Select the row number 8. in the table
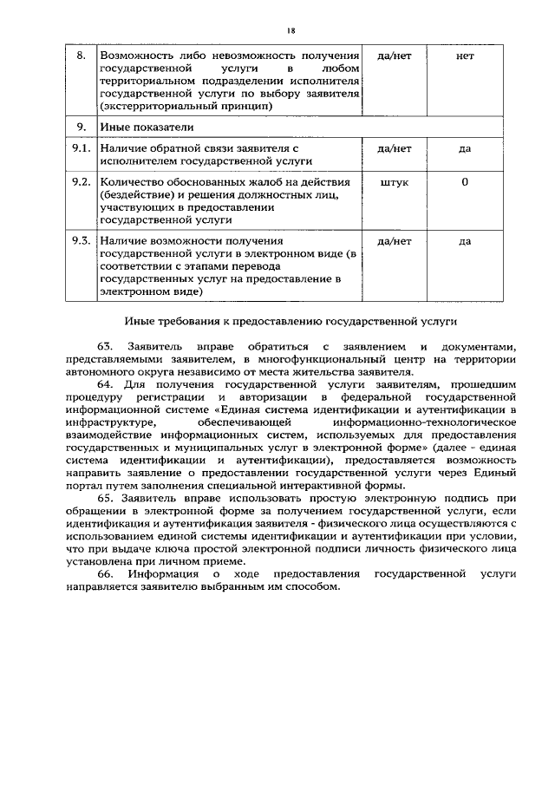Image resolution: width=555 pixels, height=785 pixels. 81,56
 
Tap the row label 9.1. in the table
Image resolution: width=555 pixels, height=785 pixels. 82,148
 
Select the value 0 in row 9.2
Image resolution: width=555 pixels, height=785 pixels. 465,183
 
